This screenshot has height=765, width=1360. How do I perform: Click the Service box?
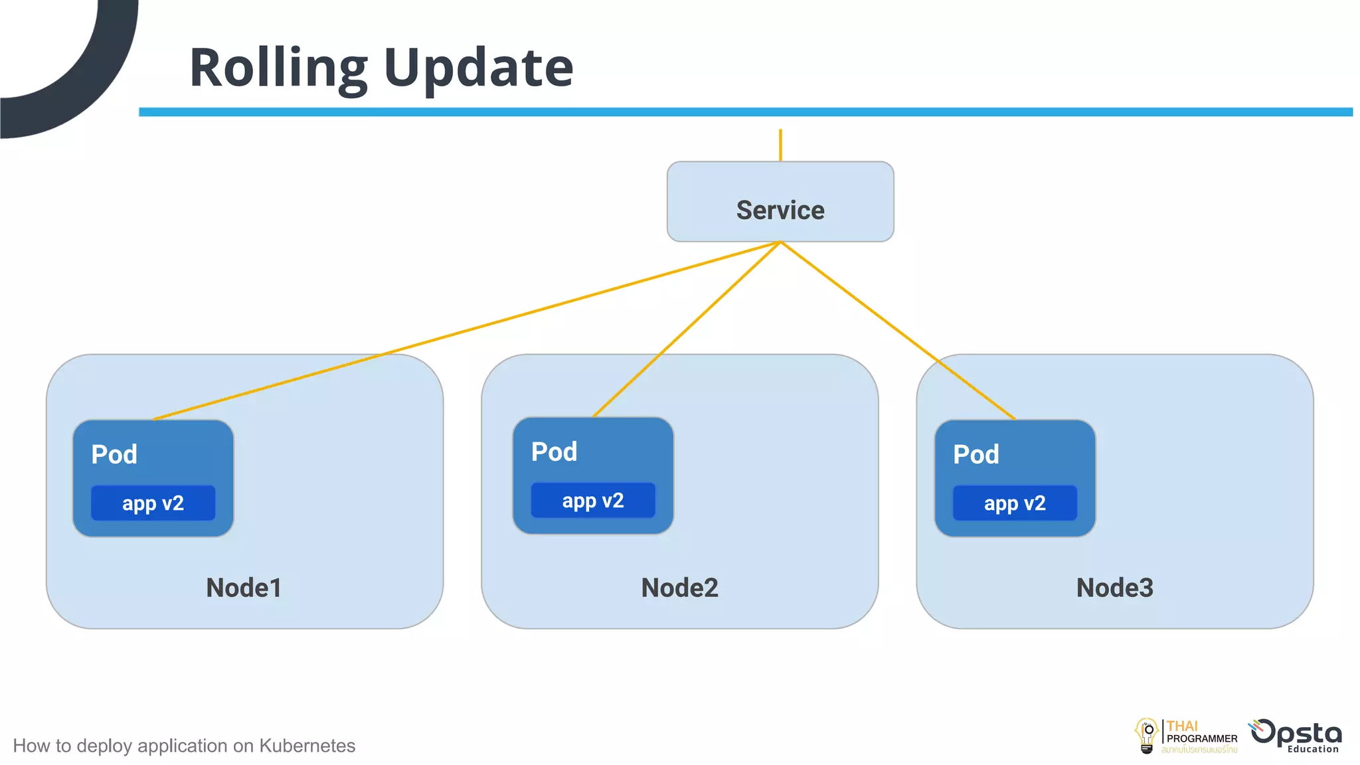click(780, 202)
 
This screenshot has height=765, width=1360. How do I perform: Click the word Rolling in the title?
click(278, 68)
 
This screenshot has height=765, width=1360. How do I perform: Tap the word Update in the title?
click(478, 68)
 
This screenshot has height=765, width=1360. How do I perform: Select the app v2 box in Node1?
click(153, 503)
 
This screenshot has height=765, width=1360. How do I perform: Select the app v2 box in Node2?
click(592, 500)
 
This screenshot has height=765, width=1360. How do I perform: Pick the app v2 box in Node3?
click(1015, 503)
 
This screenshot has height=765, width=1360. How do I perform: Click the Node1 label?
click(244, 588)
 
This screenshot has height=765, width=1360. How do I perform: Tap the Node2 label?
click(679, 588)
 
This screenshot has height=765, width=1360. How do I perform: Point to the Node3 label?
click(1114, 588)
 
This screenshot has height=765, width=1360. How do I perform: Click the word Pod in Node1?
click(114, 454)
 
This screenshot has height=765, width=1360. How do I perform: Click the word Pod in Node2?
click(554, 452)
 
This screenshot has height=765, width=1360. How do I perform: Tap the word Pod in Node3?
click(976, 454)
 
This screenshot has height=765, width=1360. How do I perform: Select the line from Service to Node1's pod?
click(465, 331)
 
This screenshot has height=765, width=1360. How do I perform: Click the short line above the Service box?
click(780, 145)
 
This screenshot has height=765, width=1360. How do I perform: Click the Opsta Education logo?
click(1296, 736)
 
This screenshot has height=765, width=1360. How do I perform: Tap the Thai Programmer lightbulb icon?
click(1147, 735)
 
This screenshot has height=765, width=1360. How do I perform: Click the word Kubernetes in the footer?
click(307, 746)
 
